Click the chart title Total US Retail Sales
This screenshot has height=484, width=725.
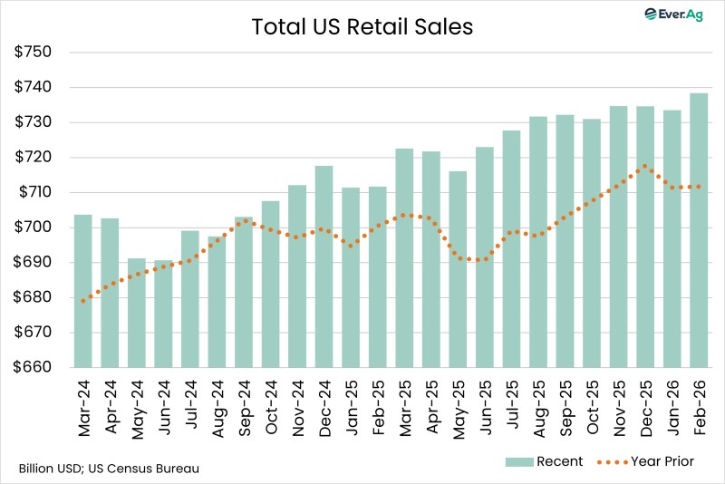[x=362, y=27]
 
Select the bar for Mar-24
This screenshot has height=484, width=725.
[x=82, y=290]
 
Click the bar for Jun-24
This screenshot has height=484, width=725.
[x=164, y=314]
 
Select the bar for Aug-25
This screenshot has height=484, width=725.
[x=538, y=242]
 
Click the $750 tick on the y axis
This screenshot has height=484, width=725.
[x=34, y=52]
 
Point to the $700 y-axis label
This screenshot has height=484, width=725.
[x=34, y=227]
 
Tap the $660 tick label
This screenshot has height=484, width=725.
[x=34, y=368]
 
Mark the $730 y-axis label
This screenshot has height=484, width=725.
[x=34, y=122]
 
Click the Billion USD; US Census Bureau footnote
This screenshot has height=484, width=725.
[x=109, y=469]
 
